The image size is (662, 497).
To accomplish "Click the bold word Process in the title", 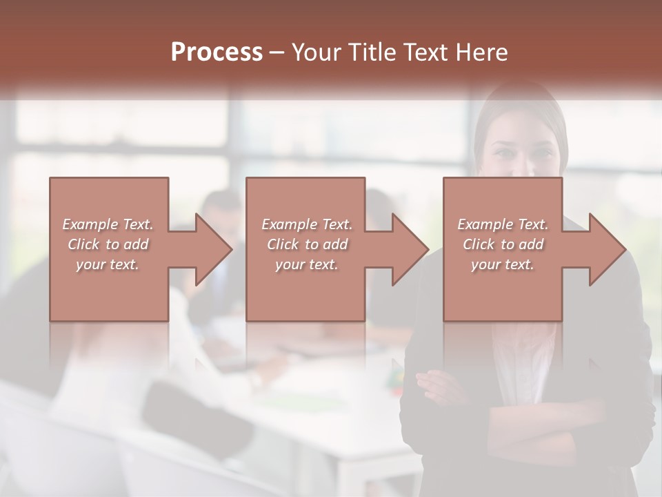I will point(217,52).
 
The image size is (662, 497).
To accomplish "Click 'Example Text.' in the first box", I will point(108,224).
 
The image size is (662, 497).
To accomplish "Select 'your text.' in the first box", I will point(108,264).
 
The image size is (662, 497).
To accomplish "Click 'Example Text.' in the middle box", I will point(307,224).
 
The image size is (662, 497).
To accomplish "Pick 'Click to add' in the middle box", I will point(307,244).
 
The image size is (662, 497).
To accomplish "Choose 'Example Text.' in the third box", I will point(503,224).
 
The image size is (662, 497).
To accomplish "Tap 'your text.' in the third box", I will point(503,264).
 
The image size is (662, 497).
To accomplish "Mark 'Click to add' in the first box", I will point(108,244).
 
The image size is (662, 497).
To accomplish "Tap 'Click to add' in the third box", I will point(503,244).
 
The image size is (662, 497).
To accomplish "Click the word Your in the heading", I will point(317,52).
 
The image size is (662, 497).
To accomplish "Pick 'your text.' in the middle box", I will point(307,264).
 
